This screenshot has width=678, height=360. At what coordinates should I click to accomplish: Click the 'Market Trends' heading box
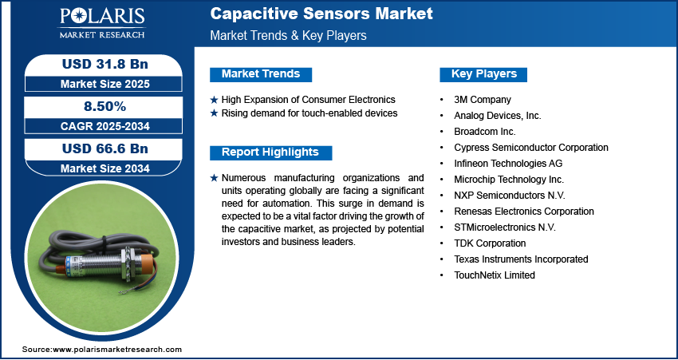click(261, 74)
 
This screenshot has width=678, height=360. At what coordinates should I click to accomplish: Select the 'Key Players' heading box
click(484, 74)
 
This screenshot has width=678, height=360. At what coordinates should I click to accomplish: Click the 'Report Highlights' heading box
click(270, 152)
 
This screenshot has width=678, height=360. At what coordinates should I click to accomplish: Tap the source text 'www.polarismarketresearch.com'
click(117, 350)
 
